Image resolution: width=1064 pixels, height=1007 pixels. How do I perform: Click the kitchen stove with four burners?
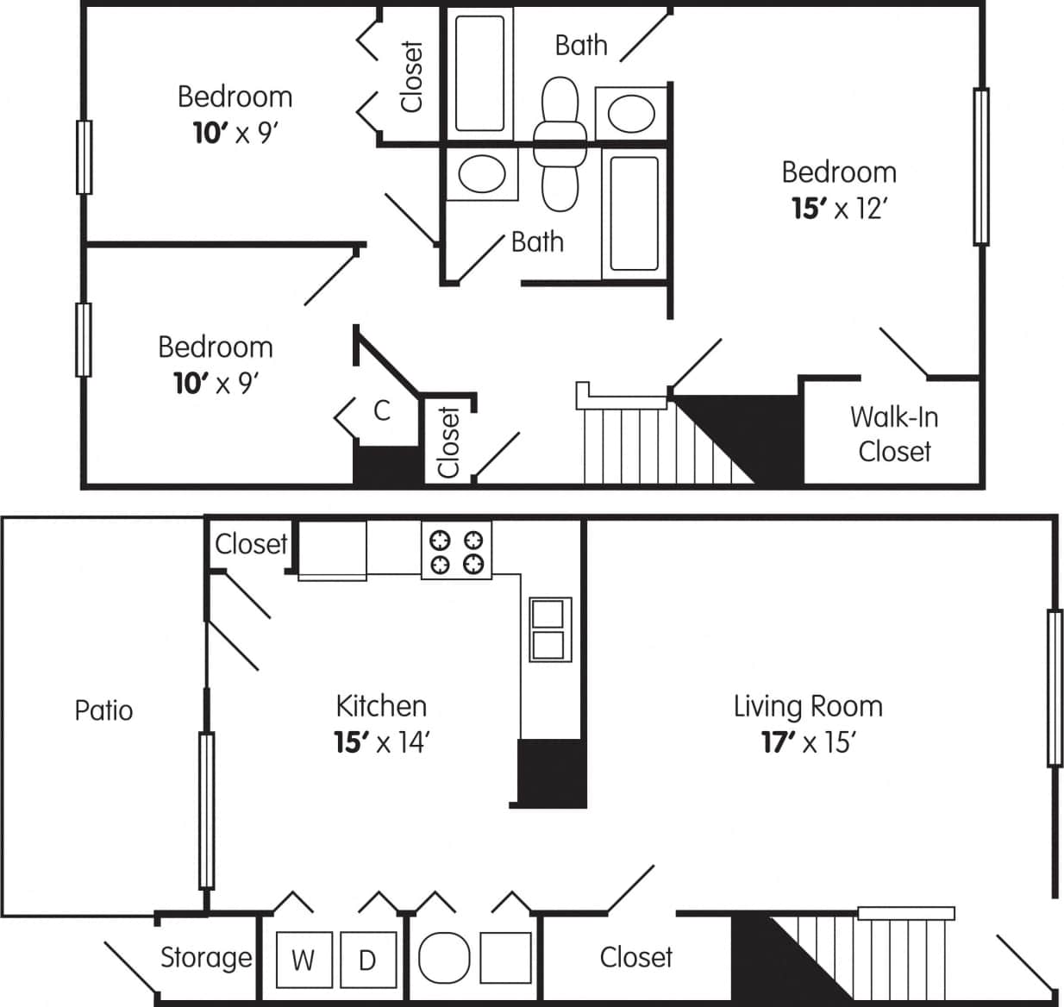click(456, 551)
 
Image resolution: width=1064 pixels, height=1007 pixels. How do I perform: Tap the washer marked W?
click(303, 960)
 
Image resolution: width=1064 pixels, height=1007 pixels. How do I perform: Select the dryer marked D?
click(367, 960)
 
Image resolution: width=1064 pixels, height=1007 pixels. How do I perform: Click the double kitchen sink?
click(549, 629)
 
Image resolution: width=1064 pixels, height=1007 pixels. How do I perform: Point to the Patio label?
click(103, 710)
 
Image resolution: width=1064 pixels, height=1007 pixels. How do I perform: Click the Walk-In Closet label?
click(894, 435)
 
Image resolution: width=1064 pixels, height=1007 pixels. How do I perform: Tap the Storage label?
click(206, 957)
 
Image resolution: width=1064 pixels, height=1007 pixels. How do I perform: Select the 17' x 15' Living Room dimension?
click(808, 742)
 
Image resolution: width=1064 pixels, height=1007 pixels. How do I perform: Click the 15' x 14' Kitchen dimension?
click(381, 742)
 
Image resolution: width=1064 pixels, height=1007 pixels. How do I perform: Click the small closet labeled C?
click(382, 410)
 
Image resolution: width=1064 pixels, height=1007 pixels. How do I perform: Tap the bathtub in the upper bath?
click(479, 71)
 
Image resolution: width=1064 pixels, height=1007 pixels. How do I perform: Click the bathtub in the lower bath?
click(634, 212)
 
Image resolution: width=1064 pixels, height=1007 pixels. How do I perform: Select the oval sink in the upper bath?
click(631, 112)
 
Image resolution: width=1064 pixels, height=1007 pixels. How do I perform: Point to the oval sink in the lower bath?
click(481, 174)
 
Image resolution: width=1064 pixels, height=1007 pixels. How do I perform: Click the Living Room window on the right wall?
click(1054, 687)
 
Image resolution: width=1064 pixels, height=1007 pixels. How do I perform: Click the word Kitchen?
click(381, 706)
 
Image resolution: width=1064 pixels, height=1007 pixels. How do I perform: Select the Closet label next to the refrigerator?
click(251, 544)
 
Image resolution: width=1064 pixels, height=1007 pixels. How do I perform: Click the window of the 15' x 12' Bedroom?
click(980, 166)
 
